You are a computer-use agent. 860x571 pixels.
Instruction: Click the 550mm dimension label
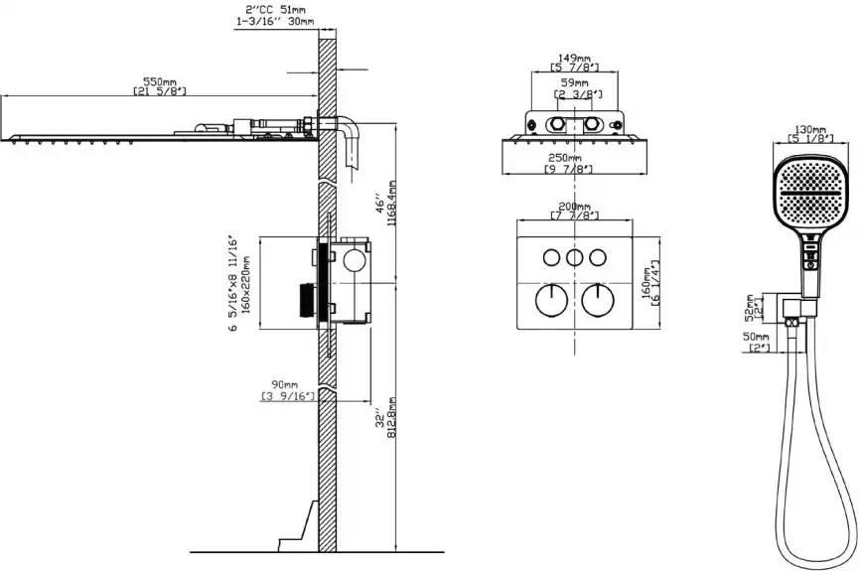click(159, 80)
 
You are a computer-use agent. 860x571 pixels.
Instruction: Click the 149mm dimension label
click(575, 57)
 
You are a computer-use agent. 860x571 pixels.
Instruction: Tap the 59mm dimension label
click(575, 83)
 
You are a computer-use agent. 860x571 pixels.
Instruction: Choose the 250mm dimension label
click(568, 158)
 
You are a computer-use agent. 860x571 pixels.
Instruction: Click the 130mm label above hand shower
click(810, 129)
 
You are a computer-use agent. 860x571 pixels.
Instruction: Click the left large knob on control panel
click(547, 299)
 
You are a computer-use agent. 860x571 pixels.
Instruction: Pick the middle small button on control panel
click(574, 258)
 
